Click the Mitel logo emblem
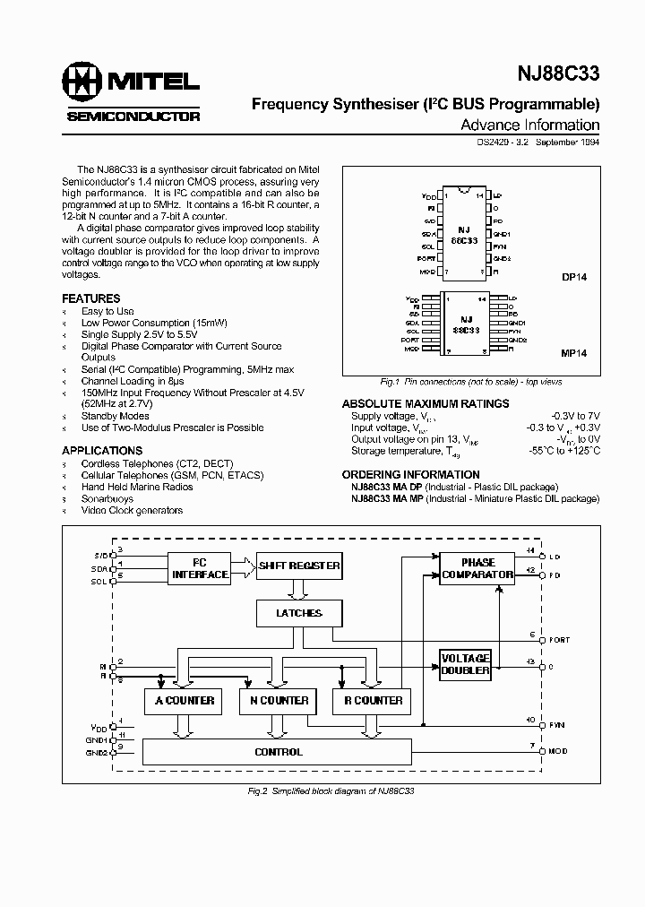pos(82,83)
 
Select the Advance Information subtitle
pos(529,125)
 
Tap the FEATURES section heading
pos(90,298)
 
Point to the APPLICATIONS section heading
pos(102,451)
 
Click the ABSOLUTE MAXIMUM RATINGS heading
pos(426,404)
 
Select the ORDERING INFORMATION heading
pos(411,475)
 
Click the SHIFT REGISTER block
pos(299,566)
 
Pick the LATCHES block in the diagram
pos(300,614)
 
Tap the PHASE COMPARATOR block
pos(477,568)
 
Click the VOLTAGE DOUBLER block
pos(466,664)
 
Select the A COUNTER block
pos(185,701)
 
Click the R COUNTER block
pos(367,701)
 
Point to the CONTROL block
pos(279,752)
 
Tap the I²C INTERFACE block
pos(199,568)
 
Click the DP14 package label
pos(574,278)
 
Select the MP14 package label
pos(574,354)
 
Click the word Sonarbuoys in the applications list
pos(107,498)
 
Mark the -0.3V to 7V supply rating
pos(576,416)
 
